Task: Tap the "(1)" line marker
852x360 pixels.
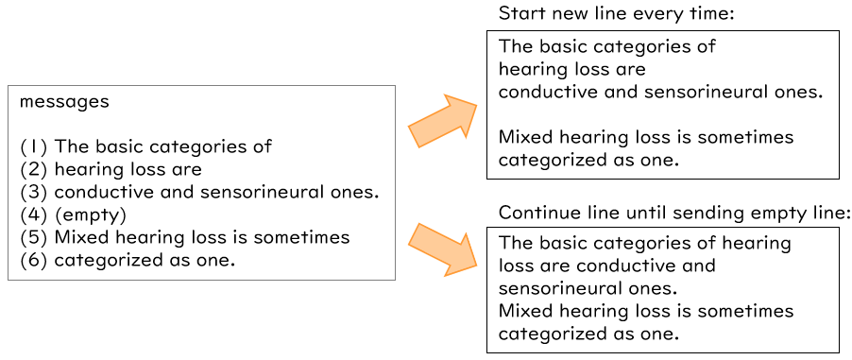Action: pos(34,146)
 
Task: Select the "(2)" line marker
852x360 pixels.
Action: pos(34,169)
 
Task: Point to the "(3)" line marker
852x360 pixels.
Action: pos(34,192)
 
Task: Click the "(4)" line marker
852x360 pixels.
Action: pos(34,214)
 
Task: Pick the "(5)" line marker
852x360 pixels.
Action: pos(34,237)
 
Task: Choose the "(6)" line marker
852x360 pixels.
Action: pos(34,260)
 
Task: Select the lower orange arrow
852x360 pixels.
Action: pos(445,248)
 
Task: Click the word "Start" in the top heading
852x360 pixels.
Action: pos(519,14)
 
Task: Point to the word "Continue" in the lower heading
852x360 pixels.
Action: pos(535,212)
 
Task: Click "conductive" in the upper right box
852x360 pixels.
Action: pos(544,92)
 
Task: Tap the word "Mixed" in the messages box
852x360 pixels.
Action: pos(81,237)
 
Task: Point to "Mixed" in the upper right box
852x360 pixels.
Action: pos(525,137)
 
